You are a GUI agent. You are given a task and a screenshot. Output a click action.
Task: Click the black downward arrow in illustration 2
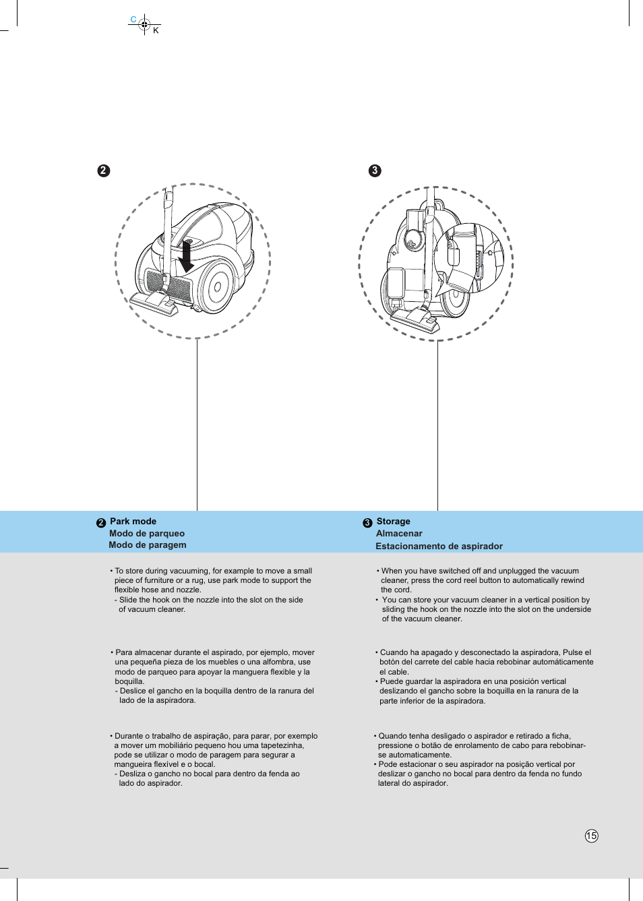coord(186,257)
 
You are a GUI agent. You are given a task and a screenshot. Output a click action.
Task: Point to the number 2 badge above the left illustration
coord(103,170)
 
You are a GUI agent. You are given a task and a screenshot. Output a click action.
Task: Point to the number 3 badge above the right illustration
coord(375,170)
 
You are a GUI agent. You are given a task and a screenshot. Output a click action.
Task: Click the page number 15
coord(591,836)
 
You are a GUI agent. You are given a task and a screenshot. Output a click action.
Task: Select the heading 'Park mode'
coord(133,521)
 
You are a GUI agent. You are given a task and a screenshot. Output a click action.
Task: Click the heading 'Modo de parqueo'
coord(147,533)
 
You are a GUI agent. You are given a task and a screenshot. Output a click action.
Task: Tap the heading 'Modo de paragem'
coord(148,545)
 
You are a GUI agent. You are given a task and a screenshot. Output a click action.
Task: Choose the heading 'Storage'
coord(393,521)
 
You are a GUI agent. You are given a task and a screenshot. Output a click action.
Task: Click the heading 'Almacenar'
coord(399,533)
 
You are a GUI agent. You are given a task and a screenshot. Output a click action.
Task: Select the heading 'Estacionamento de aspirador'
coord(439,546)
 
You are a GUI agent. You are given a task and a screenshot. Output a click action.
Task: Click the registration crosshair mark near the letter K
coord(144,24)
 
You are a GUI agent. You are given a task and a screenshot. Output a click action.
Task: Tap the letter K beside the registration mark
coord(156,30)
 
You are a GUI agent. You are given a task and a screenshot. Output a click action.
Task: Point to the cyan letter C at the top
coord(133,20)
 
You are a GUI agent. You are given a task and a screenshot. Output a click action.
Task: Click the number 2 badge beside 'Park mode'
coord(101,523)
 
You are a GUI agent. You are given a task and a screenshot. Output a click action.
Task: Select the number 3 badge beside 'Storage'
coord(367,523)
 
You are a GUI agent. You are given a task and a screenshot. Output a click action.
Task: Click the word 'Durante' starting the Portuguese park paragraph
coord(128,736)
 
